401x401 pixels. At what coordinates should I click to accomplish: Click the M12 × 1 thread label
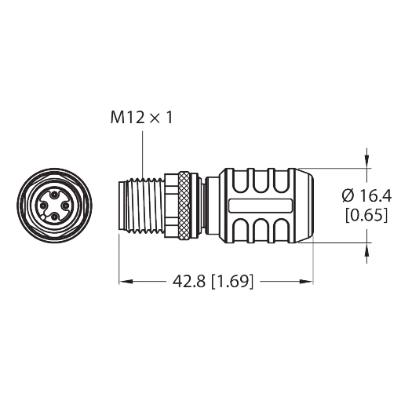click(141, 118)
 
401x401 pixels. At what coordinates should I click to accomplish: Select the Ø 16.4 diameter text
click(366, 196)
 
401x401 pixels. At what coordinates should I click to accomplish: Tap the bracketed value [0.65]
click(366, 215)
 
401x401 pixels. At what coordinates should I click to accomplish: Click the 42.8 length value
click(189, 282)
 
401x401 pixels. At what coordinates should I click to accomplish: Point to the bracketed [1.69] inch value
click(232, 282)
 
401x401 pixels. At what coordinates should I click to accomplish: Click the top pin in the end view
click(54, 195)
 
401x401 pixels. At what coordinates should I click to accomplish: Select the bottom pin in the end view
click(54, 217)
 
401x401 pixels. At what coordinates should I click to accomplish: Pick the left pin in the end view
click(43, 206)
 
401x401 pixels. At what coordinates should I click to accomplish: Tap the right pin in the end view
click(65, 206)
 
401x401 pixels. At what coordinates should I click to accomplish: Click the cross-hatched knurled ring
click(184, 205)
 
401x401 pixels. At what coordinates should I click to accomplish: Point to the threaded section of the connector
click(144, 206)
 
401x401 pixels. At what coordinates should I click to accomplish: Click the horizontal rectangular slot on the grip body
click(261, 205)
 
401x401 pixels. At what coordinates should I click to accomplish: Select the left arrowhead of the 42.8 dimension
click(126, 282)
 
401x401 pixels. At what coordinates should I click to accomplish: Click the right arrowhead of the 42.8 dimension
click(306, 282)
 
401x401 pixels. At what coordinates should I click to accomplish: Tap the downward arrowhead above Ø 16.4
click(366, 161)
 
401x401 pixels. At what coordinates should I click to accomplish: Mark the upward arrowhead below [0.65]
click(366, 250)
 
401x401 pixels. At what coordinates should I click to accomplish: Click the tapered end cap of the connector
click(304, 206)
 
